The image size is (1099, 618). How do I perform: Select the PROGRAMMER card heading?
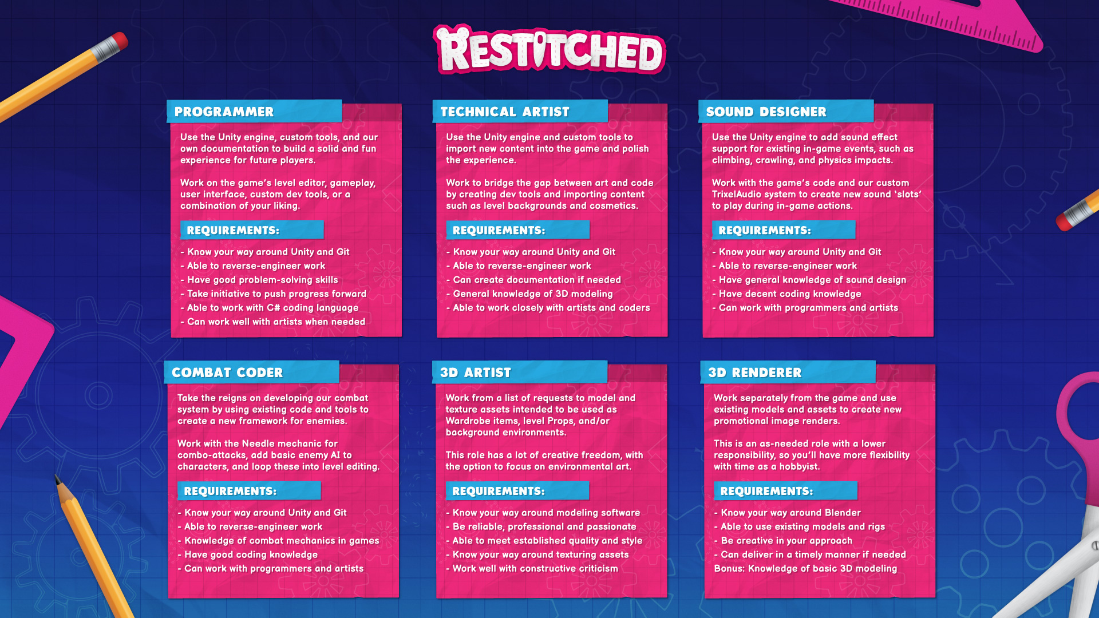pyautogui.click(x=224, y=112)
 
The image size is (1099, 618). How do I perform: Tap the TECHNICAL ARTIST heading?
pyautogui.click(x=505, y=112)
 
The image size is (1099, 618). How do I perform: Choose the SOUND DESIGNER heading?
pyautogui.click(x=766, y=112)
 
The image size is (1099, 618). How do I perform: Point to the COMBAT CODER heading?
pyautogui.click(x=227, y=373)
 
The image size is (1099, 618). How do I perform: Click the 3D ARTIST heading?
pyautogui.click(x=475, y=373)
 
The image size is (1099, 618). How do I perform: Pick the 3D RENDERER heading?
pyautogui.click(x=754, y=373)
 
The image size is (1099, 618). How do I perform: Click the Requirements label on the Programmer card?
pyautogui.click(x=233, y=231)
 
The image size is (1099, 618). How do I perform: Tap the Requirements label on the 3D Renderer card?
pyautogui.click(x=766, y=492)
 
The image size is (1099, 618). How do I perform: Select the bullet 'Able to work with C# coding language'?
pyautogui.click(x=270, y=308)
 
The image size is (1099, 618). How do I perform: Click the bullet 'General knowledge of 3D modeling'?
pyautogui.click(x=529, y=294)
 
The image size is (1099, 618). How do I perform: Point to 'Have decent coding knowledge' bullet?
pyautogui.click(x=786, y=294)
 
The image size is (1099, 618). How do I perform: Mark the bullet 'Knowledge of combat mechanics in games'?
pyautogui.click(x=278, y=541)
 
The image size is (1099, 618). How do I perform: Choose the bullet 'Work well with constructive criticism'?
pyautogui.click(x=532, y=569)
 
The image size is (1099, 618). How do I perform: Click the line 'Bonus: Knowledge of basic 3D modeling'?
pyautogui.click(x=805, y=569)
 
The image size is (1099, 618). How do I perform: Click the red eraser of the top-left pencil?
pyautogui.click(x=119, y=41)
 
